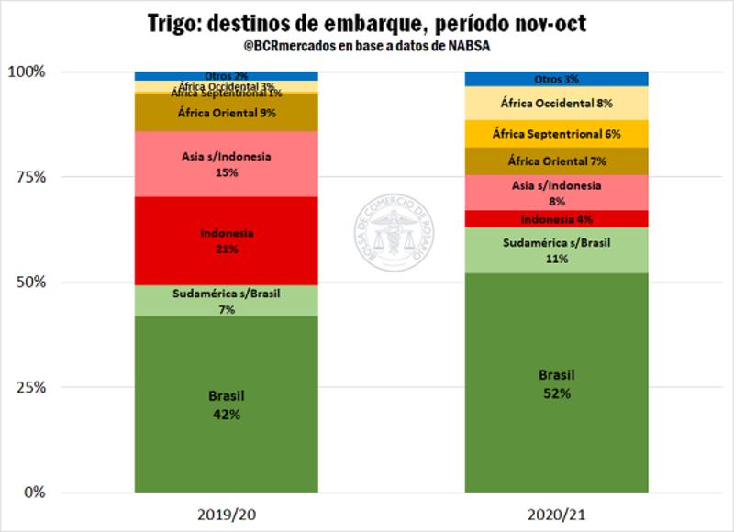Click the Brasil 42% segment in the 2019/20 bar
coord(226,404)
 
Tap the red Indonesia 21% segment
coord(226,240)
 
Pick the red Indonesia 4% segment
coord(556,219)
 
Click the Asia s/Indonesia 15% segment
coord(226,163)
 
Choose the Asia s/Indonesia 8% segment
coord(556,193)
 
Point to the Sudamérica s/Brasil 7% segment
coord(226,301)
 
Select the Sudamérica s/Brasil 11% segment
coord(556,250)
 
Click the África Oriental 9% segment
coord(226,114)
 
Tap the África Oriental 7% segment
coord(556,161)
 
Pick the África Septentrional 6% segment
coord(556,134)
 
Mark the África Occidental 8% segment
coord(556,104)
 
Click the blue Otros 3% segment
coord(556,79)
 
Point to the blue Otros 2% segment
coord(226,75)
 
